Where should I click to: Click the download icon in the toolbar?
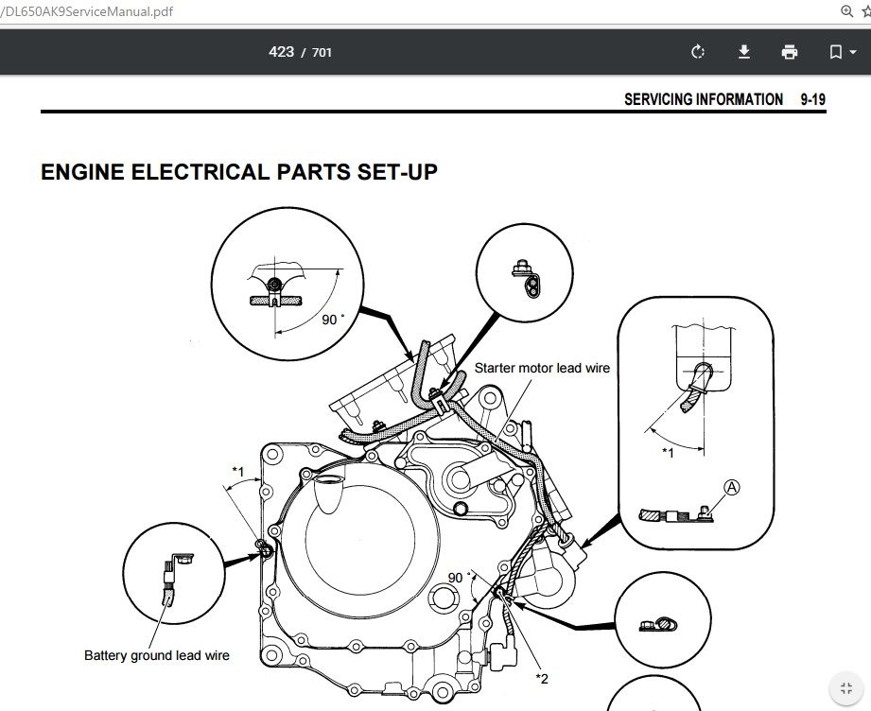(x=744, y=52)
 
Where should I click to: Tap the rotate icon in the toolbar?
(x=698, y=52)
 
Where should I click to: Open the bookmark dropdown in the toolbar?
(x=842, y=52)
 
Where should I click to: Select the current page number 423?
(x=281, y=52)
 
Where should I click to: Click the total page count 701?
(x=322, y=53)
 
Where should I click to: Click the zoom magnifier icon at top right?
(x=846, y=11)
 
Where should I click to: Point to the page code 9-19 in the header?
(x=812, y=99)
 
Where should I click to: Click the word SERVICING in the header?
(x=658, y=99)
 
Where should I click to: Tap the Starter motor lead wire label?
(x=542, y=368)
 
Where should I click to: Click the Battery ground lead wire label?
(x=157, y=655)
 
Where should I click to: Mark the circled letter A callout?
(x=731, y=487)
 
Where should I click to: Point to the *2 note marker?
(x=542, y=677)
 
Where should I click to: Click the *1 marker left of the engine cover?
(x=238, y=471)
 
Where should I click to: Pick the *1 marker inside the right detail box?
(x=668, y=452)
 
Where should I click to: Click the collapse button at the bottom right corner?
(x=845, y=688)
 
